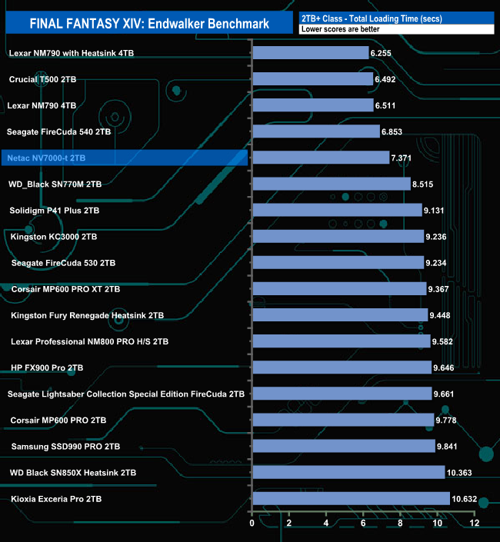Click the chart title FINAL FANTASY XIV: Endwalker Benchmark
click(149, 23)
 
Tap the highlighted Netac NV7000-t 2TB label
click(58, 158)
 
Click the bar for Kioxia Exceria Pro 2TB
click(351, 498)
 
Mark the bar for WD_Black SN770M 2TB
click(331, 184)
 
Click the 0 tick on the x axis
click(252, 524)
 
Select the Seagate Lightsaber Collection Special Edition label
click(126, 394)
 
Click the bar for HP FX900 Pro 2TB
click(342, 367)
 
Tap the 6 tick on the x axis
click(363, 524)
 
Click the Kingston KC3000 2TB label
click(54, 236)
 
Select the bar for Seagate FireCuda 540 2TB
click(316, 131)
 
